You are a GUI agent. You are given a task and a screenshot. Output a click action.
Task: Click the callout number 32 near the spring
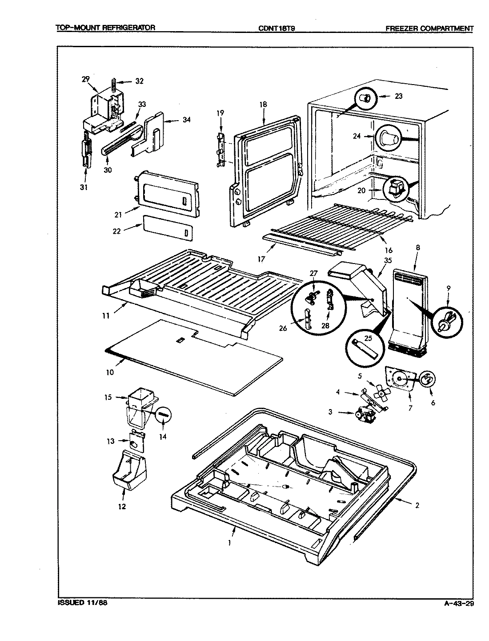[x=140, y=81]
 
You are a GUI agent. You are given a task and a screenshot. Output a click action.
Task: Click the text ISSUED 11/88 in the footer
[x=83, y=604]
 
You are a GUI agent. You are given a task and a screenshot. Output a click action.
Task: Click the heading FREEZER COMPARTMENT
[x=429, y=28]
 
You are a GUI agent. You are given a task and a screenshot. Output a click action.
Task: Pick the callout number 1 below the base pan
[x=230, y=543]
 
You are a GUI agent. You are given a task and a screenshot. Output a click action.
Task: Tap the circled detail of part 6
[x=427, y=380]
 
